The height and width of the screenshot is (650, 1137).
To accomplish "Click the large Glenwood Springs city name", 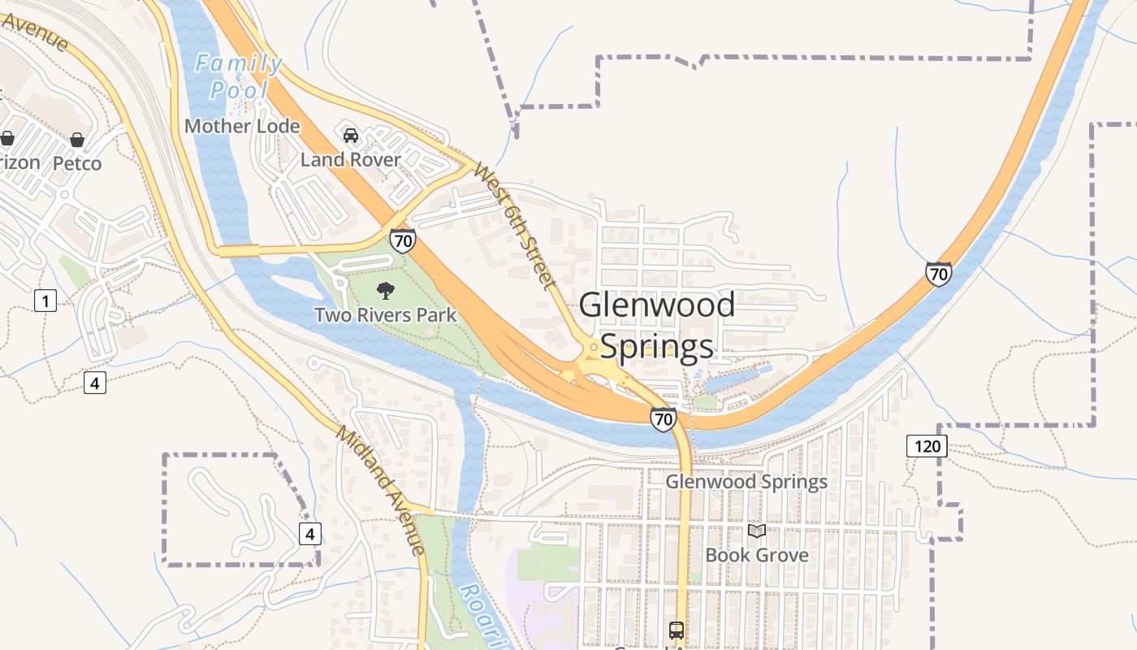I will (657, 326).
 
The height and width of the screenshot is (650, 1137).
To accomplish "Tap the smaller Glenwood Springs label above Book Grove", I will (746, 482).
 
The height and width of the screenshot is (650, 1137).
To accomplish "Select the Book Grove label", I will (757, 555).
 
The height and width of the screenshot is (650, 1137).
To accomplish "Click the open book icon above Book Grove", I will (757, 531).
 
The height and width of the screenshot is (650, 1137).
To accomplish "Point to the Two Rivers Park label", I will (386, 314).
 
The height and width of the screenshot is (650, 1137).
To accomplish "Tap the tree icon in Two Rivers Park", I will (386, 290).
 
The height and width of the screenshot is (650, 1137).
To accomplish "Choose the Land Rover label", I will (351, 159).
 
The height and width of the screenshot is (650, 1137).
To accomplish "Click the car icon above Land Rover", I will (351, 135).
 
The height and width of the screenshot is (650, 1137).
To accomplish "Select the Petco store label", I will (77, 163).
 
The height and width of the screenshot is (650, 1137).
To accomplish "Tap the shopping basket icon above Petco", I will (77, 140).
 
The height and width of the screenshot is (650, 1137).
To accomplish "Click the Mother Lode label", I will (242, 127).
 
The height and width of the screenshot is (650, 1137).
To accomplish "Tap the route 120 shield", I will (927, 445).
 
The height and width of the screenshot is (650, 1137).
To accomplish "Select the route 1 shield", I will (45, 301).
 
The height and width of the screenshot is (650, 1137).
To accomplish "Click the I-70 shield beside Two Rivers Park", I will (403, 240).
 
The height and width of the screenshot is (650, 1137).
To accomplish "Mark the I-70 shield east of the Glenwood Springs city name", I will (938, 274).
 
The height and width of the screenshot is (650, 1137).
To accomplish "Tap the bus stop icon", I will (676, 630).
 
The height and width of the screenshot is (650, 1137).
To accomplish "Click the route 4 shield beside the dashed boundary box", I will (309, 534).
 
